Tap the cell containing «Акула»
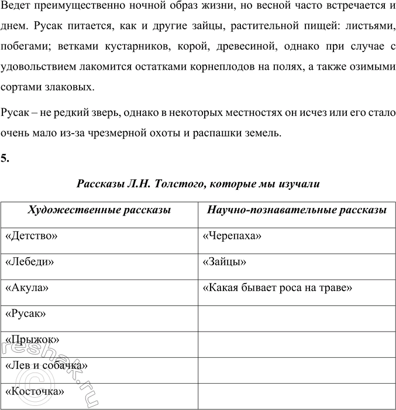click(26, 288)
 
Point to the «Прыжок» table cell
click(32, 339)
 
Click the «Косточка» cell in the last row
click(35, 391)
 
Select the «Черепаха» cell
click(232, 236)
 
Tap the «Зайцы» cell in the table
click(224, 262)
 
